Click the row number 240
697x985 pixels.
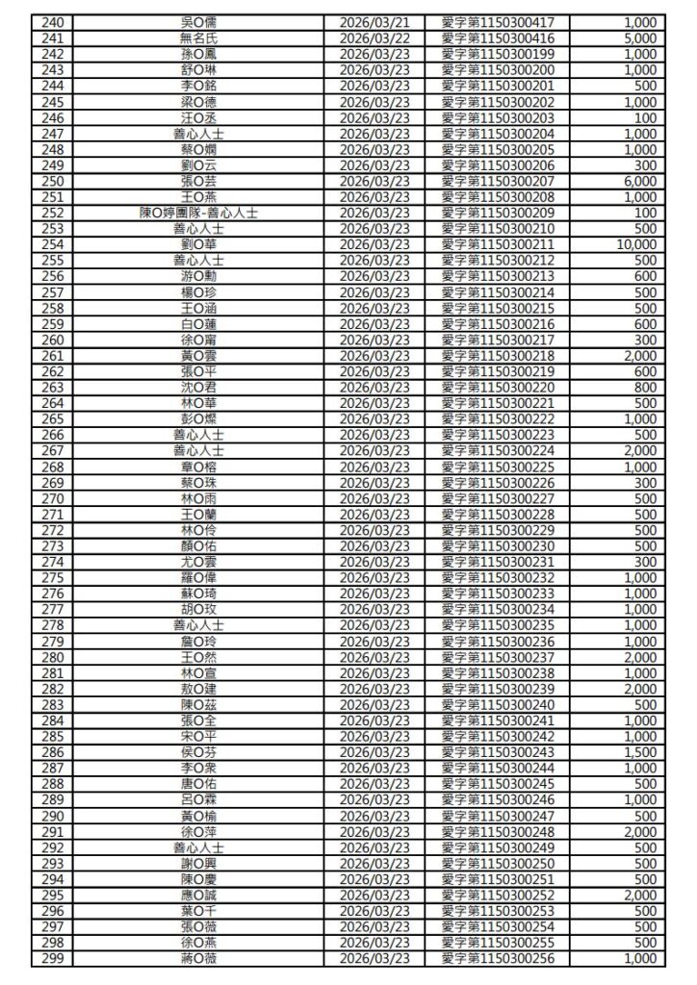pos(54,22)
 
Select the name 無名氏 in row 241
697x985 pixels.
pos(199,38)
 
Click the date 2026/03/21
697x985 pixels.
pos(375,22)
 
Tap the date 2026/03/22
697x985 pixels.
pos(375,38)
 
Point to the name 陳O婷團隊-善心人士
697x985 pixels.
pos(199,213)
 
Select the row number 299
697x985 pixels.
pos(54,959)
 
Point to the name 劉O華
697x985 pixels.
pos(199,244)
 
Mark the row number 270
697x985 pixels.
pos(54,498)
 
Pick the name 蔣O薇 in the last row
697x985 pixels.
pos(199,959)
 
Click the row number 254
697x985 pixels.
pos(54,244)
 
